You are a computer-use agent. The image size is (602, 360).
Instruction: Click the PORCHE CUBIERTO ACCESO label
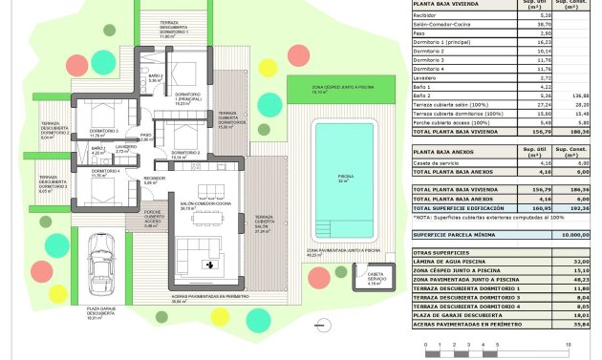click(153, 219)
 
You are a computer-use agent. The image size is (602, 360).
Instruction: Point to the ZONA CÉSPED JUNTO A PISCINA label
click(337, 90)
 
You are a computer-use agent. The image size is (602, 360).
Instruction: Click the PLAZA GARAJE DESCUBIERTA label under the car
click(101, 312)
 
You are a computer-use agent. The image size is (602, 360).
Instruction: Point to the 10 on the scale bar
click(568, 344)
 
